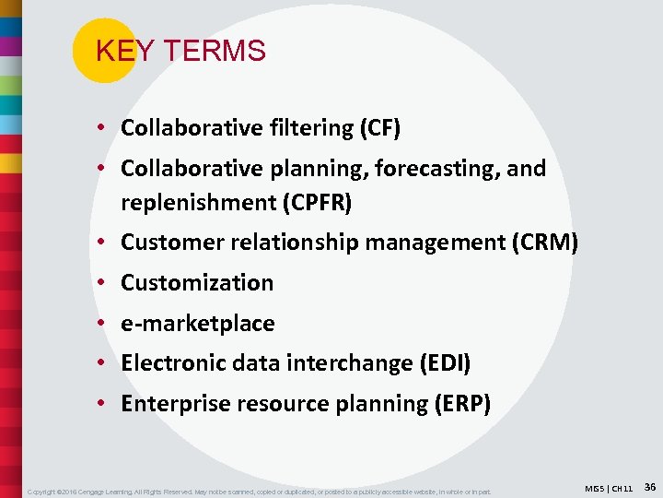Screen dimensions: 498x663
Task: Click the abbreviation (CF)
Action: pyautogui.click(x=378, y=128)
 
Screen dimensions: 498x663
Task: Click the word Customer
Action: pyautogui.click(x=168, y=243)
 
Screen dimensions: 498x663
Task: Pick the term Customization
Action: pyautogui.click(x=197, y=283)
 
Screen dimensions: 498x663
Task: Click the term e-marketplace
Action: pyautogui.click(x=197, y=324)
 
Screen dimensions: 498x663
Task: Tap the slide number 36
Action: pyautogui.click(x=649, y=486)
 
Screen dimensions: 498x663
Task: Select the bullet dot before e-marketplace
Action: pyautogui.click(x=107, y=324)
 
